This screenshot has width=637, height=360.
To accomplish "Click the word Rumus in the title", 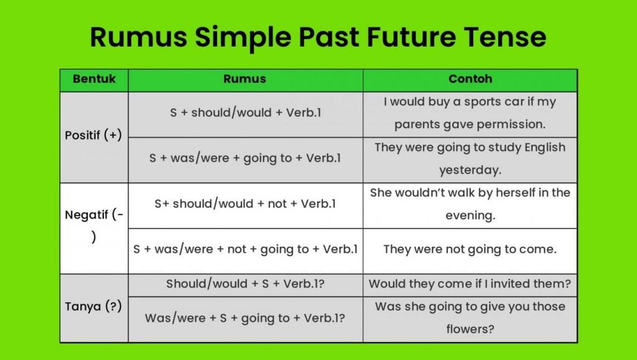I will [x=137, y=37].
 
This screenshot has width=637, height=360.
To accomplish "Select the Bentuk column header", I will [x=94, y=79].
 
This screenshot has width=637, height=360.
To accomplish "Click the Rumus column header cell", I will [x=244, y=79].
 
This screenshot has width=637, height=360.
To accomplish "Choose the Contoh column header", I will [x=470, y=79].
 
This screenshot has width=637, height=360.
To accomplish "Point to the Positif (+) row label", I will [x=93, y=135].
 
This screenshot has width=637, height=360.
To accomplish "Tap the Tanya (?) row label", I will [x=93, y=307].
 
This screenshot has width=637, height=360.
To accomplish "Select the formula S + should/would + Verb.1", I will [x=245, y=113].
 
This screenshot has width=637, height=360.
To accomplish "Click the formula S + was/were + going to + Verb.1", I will [x=245, y=158].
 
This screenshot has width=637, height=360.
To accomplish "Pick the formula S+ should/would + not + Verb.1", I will [x=245, y=203].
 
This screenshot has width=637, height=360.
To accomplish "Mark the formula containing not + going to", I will [x=245, y=249].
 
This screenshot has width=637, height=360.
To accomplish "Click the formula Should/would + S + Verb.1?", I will [x=245, y=284].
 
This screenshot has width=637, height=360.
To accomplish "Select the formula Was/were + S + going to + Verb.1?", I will [x=245, y=317].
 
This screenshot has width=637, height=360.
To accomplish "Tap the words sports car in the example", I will [x=490, y=101].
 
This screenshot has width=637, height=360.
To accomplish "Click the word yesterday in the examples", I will [x=470, y=170].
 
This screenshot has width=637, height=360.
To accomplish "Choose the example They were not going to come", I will [x=470, y=249].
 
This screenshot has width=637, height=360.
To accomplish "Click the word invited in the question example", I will [x=519, y=284].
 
